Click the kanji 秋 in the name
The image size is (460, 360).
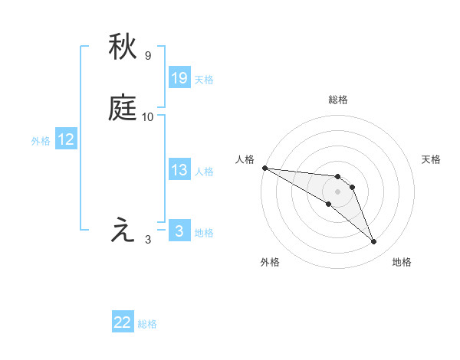(x=123, y=48)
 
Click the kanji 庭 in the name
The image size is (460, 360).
(x=123, y=109)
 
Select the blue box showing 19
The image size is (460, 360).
(x=179, y=78)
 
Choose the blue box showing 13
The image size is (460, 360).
(x=179, y=171)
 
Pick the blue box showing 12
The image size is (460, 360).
(x=66, y=140)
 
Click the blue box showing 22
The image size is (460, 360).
(x=123, y=323)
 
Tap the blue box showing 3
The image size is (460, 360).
(x=179, y=231)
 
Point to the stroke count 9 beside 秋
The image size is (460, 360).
(x=148, y=56)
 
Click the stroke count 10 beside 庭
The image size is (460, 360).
(x=148, y=117)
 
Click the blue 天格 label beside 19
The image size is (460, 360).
(x=204, y=80)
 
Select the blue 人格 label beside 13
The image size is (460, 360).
(x=204, y=172)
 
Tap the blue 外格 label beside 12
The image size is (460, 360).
(x=41, y=141)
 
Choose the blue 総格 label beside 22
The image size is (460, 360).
(x=147, y=324)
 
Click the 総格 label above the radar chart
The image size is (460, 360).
(x=338, y=100)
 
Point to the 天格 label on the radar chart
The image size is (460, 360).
(x=432, y=159)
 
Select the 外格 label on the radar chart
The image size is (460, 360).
(x=270, y=262)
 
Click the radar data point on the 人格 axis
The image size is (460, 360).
(x=264, y=168)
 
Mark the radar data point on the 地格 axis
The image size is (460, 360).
(x=374, y=242)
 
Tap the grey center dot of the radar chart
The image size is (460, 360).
(x=338, y=191)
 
